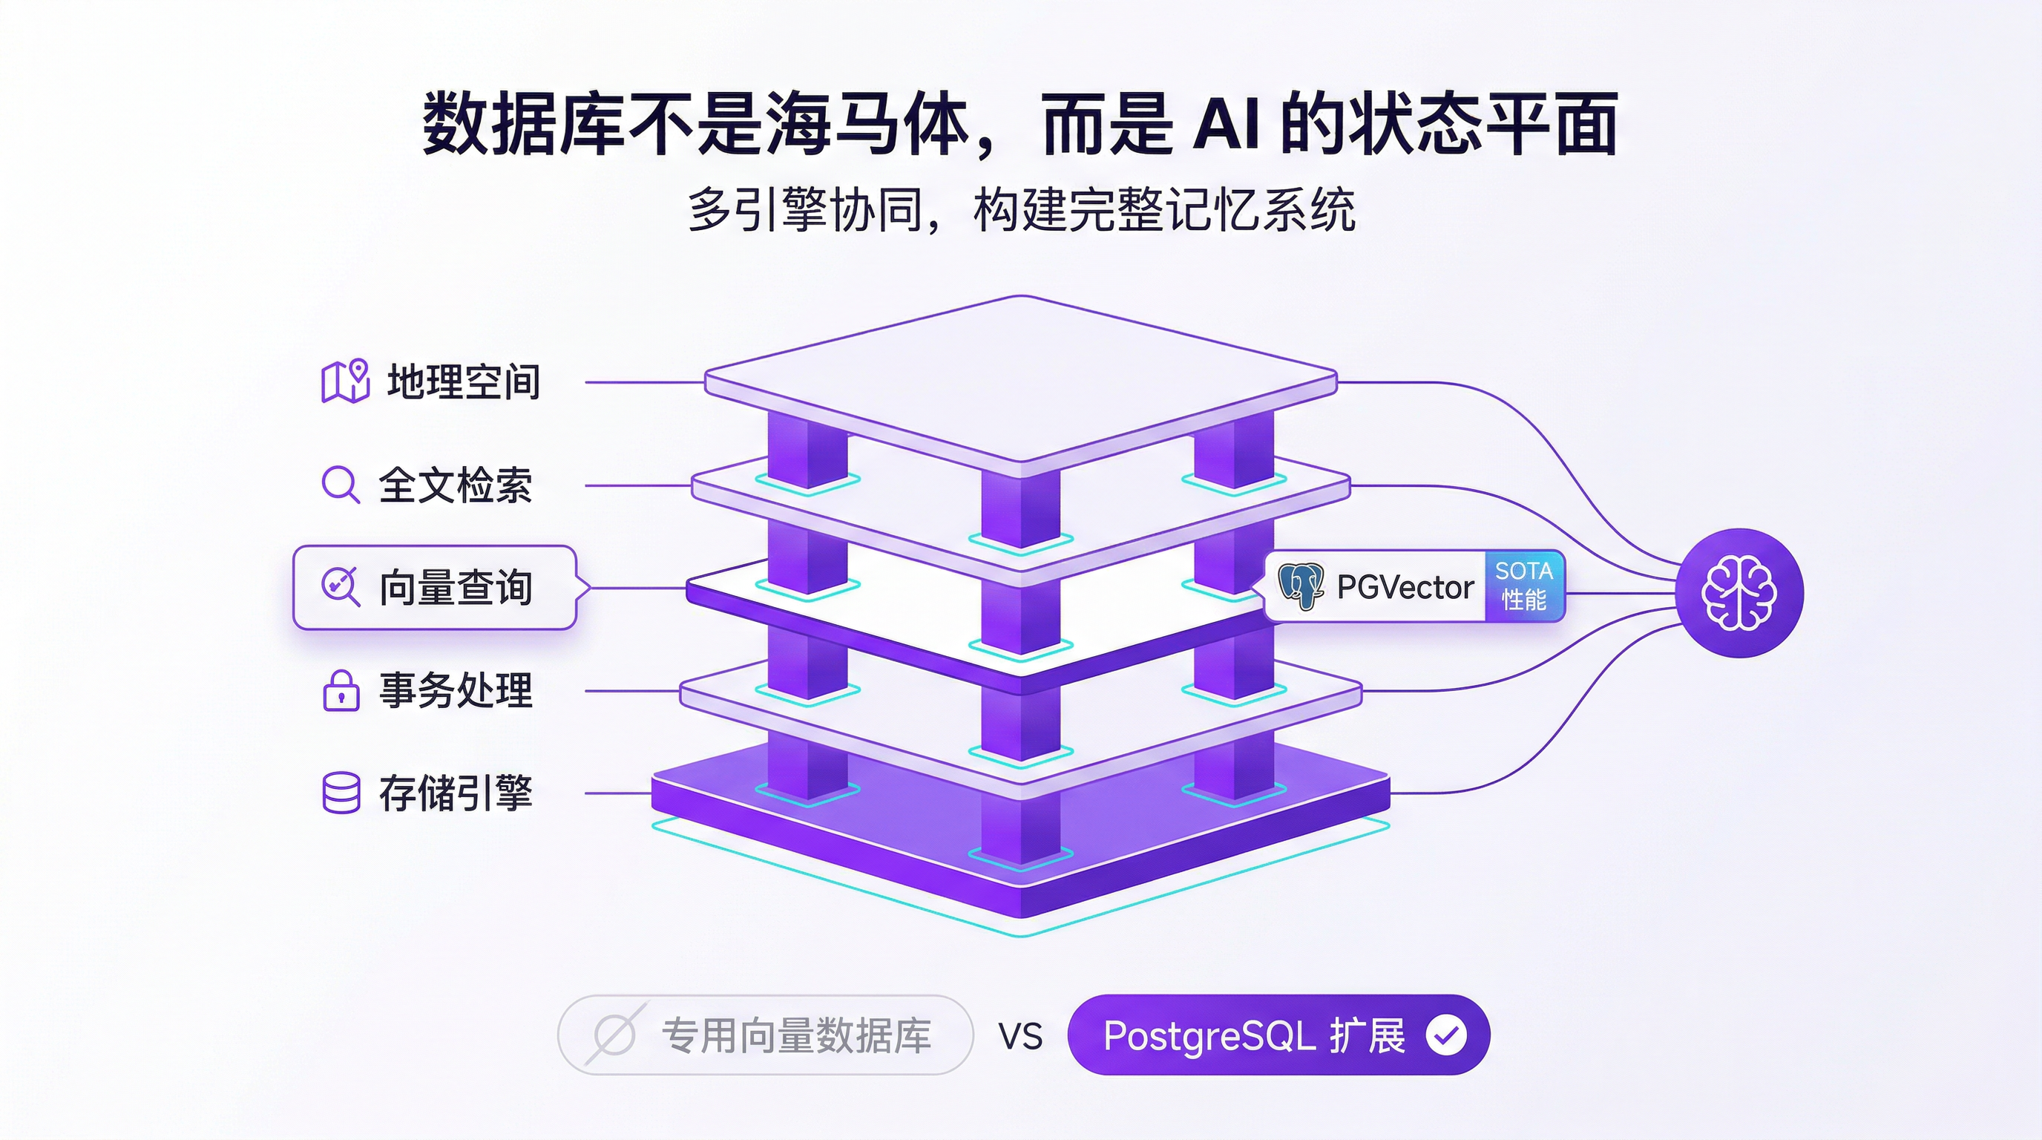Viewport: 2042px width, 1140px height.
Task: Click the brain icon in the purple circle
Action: coord(1739,592)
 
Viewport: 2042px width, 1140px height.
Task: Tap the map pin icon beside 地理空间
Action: coord(346,381)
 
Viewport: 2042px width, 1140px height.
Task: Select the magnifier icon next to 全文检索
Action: coord(340,484)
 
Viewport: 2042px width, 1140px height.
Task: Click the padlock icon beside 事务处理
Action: coord(341,689)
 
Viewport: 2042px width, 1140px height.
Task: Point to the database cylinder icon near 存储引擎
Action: coord(341,792)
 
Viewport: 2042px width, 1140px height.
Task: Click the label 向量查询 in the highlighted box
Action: coord(455,587)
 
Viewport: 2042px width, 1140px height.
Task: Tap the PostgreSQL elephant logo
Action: coord(1301,586)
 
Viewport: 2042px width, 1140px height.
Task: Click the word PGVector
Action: coord(1405,587)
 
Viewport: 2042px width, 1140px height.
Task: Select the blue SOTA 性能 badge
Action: coord(1523,586)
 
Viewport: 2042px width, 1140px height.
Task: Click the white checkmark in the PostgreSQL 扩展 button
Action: coord(1446,1035)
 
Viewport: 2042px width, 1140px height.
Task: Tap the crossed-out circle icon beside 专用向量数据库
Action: coord(614,1035)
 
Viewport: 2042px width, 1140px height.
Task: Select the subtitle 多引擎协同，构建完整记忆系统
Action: coord(1021,210)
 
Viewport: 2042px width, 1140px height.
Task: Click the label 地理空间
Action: coord(464,381)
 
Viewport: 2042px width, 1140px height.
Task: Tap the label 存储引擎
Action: coord(455,792)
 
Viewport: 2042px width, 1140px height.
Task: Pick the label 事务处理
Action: coord(455,689)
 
